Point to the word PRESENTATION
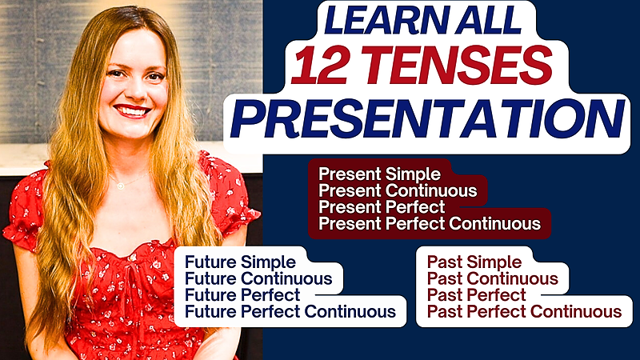(x=427, y=118)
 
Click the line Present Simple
(x=379, y=174)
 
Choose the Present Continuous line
(x=398, y=190)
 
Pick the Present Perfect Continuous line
(x=430, y=224)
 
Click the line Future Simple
(x=240, y=262)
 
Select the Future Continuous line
(x=258, y=278)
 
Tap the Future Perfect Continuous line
(x=290, y=312)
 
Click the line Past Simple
(x=474, y=262)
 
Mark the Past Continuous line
(x=493, y=278)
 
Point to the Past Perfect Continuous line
(x=525, y=312)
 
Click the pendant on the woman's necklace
(x=121, y=186)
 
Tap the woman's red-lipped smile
(x=132, y=110)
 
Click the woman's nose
(x=134, y=90)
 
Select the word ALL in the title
(x=489, y=20)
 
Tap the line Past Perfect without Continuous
(x=477, y=295)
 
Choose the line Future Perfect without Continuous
(x=242, y=295)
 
